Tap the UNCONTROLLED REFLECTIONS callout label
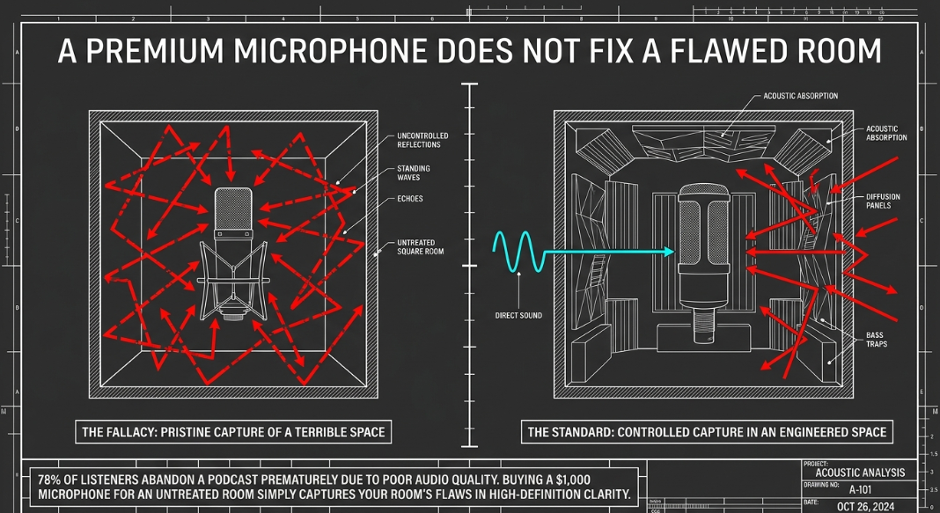click(422, 140)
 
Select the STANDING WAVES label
click(413, 173)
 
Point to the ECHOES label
click(410, 199)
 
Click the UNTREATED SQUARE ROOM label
click(420, 247)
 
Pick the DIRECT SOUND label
click(518, 316)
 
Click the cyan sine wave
click(518, 252)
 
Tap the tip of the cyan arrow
click(674, 252)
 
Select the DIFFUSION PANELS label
click(883, 201)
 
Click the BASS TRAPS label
click(876, 339)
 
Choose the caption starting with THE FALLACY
click(233, 432)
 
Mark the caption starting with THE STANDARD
click(707, 432)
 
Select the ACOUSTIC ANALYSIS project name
click(860, 473)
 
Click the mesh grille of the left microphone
click(234, 206)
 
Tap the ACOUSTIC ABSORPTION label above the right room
click(800, 96)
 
